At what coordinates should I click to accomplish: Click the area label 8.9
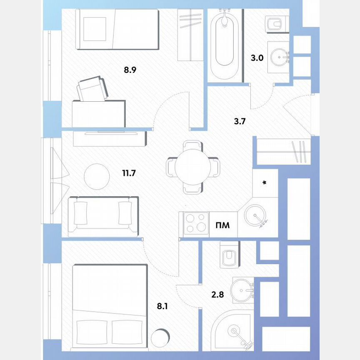(x=130, y=70)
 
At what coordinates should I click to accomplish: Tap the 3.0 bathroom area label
(x=257, y=58)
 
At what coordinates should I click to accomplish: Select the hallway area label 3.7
(x=240, y=122)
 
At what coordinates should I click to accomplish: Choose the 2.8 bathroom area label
(x=218, y=295)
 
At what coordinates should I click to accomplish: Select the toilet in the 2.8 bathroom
(x=228, y=255)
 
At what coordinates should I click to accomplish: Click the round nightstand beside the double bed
(x=161, y=338)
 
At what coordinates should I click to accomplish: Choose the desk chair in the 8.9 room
(x=92, y=89)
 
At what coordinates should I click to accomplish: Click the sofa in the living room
(x=102, y=215)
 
